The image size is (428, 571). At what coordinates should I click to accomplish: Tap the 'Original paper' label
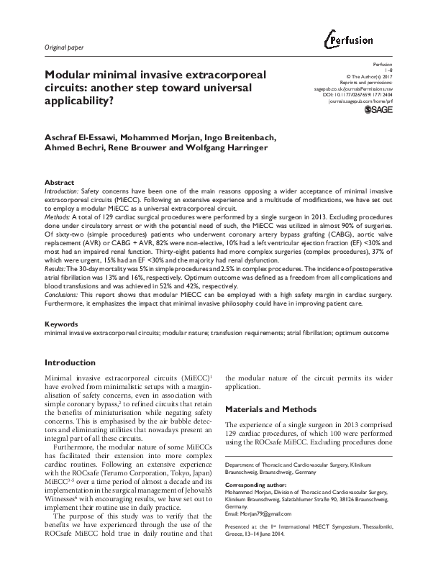pyautogui.click(x=64, y=47)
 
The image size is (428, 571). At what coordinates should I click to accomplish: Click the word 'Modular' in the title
pyautogui.click(x=68, y=75)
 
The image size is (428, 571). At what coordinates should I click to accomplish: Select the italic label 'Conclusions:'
pyautogui.click(x=63, y=295)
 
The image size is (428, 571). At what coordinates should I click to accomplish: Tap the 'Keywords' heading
pyautogui.click(x=63, y=324)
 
